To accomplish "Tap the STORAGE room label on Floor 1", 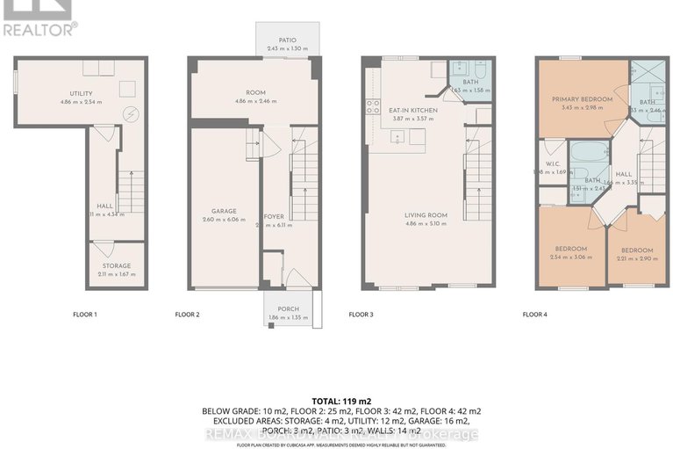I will [x=116, y=265].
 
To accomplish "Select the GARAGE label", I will [x=225, y=211].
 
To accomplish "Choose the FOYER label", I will [x=275, y=215].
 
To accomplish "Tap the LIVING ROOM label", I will [x=426, y=214].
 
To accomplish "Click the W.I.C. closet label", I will [x=552, y=163].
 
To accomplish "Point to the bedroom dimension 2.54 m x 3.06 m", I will [x=571, y=257].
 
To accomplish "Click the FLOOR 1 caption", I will [x=84, y=314].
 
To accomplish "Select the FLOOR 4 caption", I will [x=535, y=314].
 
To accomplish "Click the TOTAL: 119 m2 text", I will [x=336, y=399].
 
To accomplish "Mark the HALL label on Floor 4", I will [x=624, y=174].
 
